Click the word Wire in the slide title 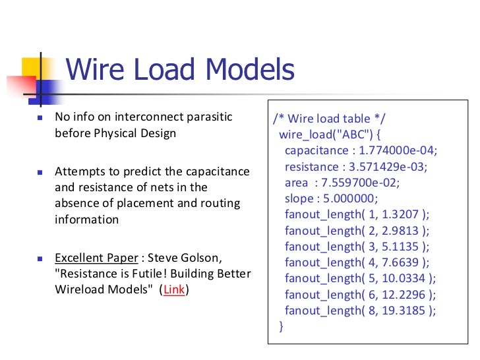coord(99,71)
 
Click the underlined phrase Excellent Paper coord(96,257)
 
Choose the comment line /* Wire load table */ coord(330,119)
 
